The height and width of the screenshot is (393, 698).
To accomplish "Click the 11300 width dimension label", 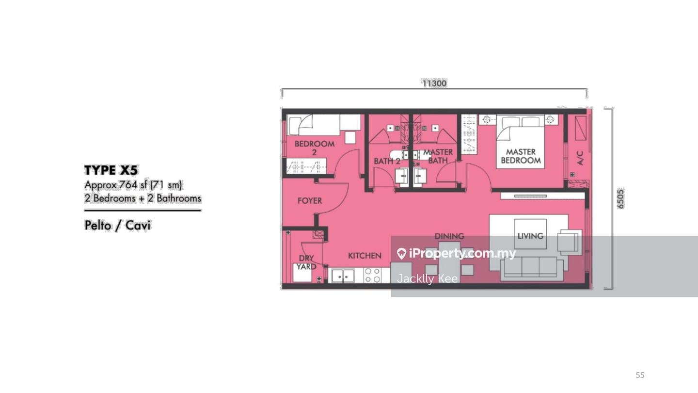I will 434,83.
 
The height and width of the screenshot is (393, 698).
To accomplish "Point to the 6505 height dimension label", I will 621,199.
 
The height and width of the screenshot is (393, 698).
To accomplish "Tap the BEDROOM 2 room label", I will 314,147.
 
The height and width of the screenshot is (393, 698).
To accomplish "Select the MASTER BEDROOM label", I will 521,156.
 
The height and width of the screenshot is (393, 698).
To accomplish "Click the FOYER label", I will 309,200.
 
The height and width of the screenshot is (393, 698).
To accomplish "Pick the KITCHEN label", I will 365,256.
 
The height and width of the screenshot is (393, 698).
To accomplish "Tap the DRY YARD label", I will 306,262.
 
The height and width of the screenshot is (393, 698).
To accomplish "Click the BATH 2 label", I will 387,161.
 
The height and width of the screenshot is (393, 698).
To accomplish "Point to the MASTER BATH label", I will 438,156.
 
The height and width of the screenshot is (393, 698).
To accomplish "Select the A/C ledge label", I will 580,158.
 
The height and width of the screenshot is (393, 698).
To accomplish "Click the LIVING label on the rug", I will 530,236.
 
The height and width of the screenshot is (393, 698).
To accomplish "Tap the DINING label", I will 449,236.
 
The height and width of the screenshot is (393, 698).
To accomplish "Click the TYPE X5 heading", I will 111,170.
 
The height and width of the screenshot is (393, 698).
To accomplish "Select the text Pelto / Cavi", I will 117,226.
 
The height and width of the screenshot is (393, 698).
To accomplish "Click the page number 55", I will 640,375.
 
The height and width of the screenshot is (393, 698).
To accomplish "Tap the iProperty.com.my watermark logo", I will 456,253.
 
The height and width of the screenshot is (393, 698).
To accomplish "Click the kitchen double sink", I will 343,276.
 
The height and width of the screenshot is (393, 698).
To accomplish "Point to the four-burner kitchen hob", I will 372,275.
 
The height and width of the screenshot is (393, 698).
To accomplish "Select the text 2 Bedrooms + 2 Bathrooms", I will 143,198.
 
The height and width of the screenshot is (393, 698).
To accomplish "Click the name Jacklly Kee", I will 427,278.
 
